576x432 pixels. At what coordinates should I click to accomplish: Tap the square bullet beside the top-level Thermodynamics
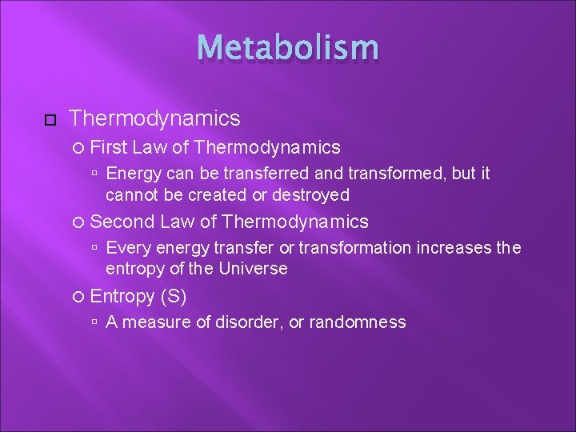coord(50,120)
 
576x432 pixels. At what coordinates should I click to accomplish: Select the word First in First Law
coord(110,147)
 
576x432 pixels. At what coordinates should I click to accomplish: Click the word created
coord(209,194)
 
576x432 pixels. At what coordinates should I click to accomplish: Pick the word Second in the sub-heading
coord(123,222)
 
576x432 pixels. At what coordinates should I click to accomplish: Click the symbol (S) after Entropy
coord(174,296)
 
